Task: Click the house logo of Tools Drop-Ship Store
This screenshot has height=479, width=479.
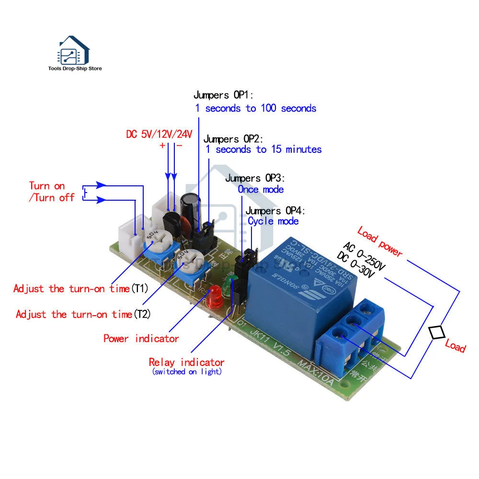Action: click(74, 50)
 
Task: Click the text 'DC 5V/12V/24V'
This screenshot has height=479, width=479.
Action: click(159, 134)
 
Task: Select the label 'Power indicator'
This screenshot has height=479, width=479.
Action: click(141, 339)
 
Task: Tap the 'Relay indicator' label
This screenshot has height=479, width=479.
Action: click(186, 363)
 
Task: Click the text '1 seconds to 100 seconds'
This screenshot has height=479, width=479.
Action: click(256, 108)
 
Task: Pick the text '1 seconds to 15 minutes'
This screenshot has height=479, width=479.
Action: click(263, 149)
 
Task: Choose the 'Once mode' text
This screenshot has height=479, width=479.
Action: click(261, 189)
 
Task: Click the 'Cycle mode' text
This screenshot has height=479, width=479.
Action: click(273, 221)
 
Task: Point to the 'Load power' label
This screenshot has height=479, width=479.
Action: click(380, 241)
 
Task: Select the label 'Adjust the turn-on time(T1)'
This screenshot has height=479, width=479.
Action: click(81, 288)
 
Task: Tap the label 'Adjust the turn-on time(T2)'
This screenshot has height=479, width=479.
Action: click(83, 314)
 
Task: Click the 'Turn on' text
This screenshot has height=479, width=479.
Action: click(46, 186)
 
